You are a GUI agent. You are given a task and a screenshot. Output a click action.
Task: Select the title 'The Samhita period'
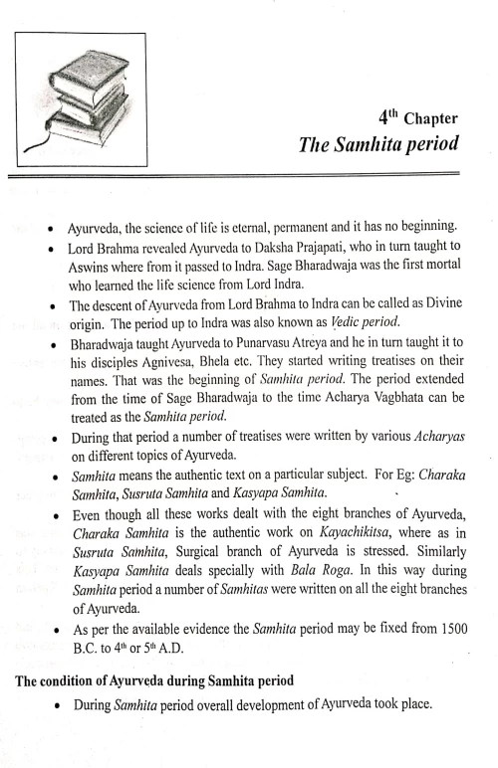point(377,145)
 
